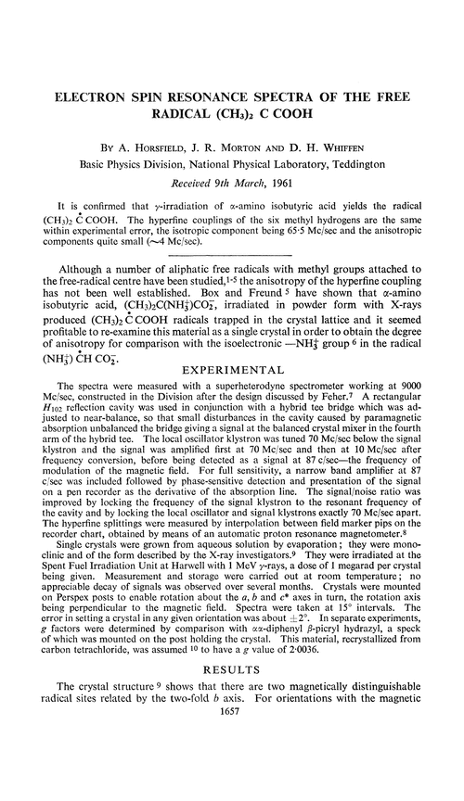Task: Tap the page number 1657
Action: click(x=232, y=782)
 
